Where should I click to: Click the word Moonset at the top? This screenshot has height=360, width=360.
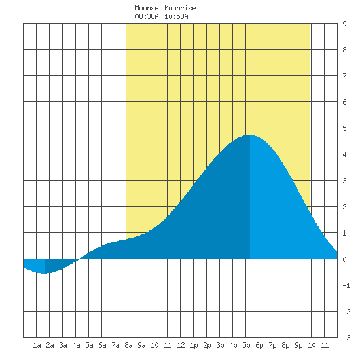pyautogui.click(x=149, y=8)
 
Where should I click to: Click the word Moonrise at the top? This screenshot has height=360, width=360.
pyautogui.click(x=180, y=8)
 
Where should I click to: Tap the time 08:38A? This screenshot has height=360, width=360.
pyautogui.click(x=147, y=16)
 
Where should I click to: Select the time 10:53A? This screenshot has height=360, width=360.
pyautogui.click(x=176, y=16)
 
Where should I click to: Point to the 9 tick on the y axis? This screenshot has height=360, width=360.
pyautogui.click(x=344, y=24)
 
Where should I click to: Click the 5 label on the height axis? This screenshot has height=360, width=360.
pyautogui.click(x=344, y=128)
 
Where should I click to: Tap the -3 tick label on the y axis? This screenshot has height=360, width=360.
pyautogui.click(x=346, y=338)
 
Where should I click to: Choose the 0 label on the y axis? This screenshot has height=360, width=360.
pyautogui.click(x=344, y=259)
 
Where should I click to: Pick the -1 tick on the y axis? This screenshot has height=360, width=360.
pyautogui.click(x=346, y=285)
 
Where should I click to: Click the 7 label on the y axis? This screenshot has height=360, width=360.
pyautogui.click(x=344, y=76)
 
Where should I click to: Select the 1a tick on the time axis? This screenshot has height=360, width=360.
pyautogui.click(x=37, y=345)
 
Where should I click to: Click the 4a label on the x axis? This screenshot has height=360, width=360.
pyautogui.click(x=76, y=345)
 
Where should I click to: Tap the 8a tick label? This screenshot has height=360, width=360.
pyautogui.click(x=128, y=345)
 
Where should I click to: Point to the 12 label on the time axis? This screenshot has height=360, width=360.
pyautogui.click(x=181, y=345)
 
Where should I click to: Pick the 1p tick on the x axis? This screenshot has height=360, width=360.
pyautogui.click(x=194, y=345)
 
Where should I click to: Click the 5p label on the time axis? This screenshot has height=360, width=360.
pyautogui.click(x=246, y=345)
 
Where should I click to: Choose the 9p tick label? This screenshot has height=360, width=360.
pyautogui.click(x=298, y=345)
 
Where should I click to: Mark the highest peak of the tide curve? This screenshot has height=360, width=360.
pyautogui.click(x=249, y=135)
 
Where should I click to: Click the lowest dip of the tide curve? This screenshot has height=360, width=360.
pyautogui.click(x=44, y=273)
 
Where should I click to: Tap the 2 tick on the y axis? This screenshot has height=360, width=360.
pyautogui.click(x=344, y=207)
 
